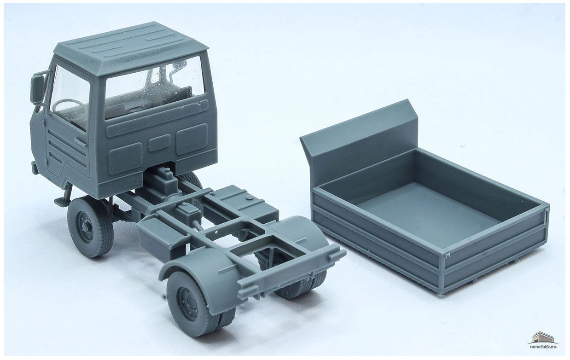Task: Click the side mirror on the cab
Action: coord(37,88)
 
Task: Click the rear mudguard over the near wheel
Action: coord(201,270)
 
